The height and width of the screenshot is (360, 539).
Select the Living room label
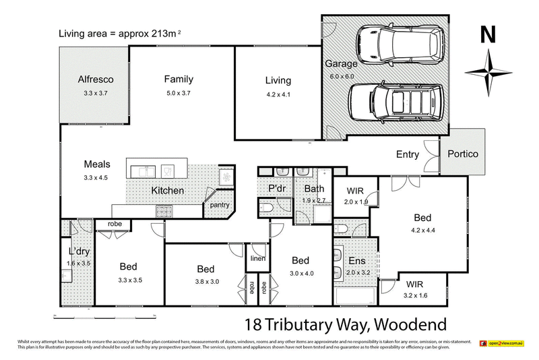[278, 82]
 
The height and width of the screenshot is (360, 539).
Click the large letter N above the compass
[490, 36]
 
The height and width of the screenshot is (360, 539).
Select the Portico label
[462, 154]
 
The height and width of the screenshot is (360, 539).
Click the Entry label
[407, 154]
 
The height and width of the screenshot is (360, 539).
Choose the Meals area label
[96, 164]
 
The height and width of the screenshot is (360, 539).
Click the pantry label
[220, 206]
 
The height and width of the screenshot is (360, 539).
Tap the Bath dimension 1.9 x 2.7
[313, 200]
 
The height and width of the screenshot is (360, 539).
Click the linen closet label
[257, 258]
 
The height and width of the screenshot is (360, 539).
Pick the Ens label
[356, 260]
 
